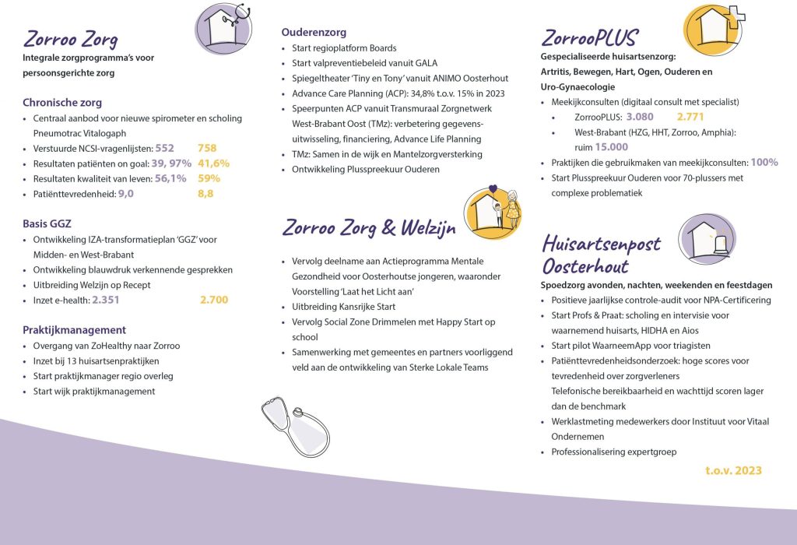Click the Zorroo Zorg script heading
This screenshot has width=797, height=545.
70,39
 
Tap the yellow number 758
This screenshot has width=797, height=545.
207,148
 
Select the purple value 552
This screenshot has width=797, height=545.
165,148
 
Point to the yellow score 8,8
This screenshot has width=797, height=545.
205,193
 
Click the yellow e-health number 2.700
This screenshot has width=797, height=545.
214,299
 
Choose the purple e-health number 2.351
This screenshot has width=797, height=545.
106,299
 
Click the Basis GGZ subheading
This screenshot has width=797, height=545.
47,224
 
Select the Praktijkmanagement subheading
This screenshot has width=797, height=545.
74,329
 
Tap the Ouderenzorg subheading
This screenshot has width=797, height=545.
314,33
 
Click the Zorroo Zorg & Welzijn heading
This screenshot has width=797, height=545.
369,228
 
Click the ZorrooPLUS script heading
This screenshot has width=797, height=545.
589,37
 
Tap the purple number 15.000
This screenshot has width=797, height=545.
612,146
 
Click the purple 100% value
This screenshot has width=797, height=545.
764,162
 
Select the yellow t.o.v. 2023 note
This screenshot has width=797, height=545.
733,470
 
